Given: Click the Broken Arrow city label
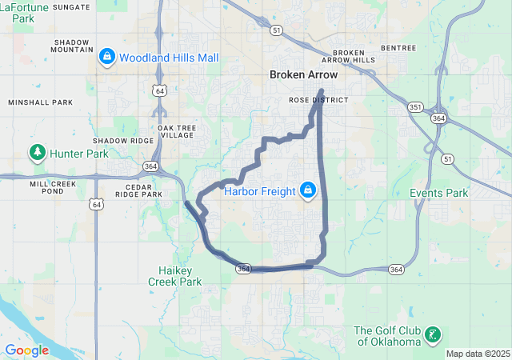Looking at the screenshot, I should tap(303, 74).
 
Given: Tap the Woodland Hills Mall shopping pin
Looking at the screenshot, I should tap(106, 57).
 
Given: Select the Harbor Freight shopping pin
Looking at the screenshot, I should tap(307, 190).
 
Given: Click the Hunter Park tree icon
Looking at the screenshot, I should tap(37, 152).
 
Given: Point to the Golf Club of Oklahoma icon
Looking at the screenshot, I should tap(432, 336).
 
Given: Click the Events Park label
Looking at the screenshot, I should tap(438, 193).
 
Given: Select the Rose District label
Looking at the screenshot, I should tap(318, 100).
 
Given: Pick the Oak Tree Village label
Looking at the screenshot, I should tap(175, 131).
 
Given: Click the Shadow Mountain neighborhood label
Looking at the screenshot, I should tap(73, 46).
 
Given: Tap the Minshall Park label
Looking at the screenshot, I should tap(40, 102).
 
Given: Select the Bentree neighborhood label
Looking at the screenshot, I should tap(398, 48).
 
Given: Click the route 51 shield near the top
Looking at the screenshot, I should tap(276, 30).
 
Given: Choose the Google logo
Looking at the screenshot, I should tap(26, 350).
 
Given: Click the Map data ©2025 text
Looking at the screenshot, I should tap(477, 354).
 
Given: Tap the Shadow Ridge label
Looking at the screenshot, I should tap(122, 141).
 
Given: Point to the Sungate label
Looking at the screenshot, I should tap(71, 6).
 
